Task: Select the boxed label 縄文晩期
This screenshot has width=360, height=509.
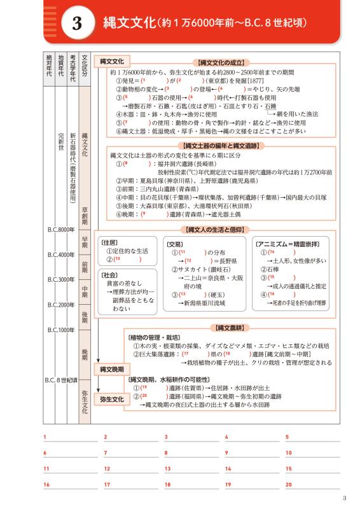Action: [111, 369]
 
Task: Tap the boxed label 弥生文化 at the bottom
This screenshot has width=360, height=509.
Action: [111, 400]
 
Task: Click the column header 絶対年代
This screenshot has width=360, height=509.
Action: [47, 64]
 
